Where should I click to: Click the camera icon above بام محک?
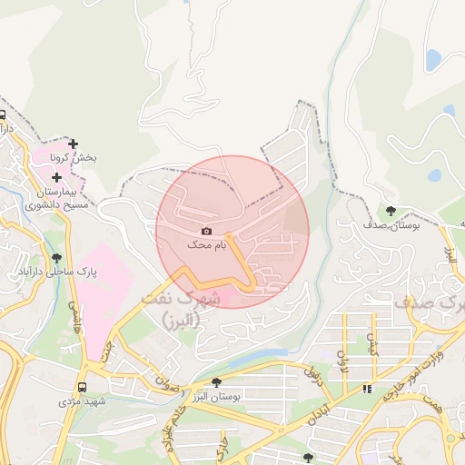(x=205, y=232)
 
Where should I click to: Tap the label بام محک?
(x=205, y=245)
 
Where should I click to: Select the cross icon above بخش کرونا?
(x=74, y=143)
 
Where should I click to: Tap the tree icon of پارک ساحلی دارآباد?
(x=57, y=258)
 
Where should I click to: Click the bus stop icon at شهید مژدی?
(x=82, y=386)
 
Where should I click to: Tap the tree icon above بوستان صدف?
(x=391, y=210)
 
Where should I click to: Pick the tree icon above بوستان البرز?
(x=216, y=383)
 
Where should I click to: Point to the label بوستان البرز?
(x=216, y=397)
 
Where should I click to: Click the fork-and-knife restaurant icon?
(x=367, y=389)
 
